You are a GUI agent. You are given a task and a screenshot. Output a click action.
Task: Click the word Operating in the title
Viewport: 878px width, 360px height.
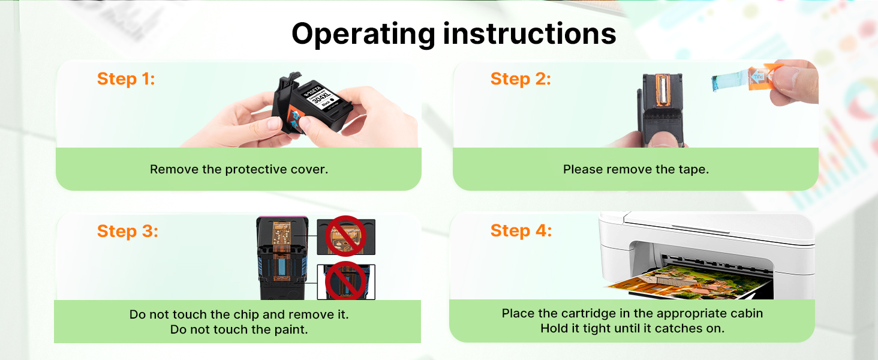(363, 35)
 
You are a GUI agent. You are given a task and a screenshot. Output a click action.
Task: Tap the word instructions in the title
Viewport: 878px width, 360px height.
(530, 34)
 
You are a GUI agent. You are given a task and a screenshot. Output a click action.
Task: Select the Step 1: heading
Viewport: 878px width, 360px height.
(126, 79)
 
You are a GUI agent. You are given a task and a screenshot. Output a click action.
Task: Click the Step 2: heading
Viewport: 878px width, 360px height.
(521, 79)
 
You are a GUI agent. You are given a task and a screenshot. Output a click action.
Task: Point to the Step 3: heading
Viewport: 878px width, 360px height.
(127, 232)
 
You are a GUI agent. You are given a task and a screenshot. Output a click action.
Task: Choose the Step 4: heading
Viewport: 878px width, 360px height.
(521, 230)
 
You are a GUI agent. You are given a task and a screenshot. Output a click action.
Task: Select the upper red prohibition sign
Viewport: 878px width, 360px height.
(345, 236)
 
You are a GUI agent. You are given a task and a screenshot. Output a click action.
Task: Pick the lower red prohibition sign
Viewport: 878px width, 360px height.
(345, 281)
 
